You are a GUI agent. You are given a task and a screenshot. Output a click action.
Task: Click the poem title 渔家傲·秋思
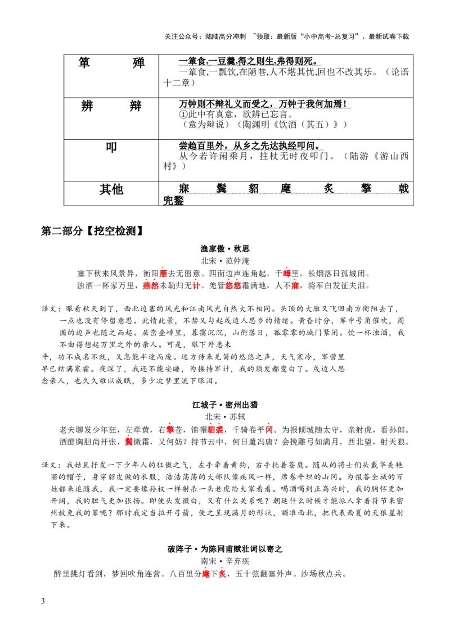(x=225, y=248)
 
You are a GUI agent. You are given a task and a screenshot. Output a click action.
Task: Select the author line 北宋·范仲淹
(x=225, y=261)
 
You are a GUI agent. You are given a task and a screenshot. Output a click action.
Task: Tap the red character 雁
(x=164, y=274)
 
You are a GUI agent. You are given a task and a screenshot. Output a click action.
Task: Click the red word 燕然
(x=151, y=286)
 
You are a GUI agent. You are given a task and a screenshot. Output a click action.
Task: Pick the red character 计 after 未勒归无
(x=196, y=286)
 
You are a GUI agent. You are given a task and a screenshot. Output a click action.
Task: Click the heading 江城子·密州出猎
(x=225, y=405)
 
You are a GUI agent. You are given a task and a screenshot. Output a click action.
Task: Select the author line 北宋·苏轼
(x=225, y=417)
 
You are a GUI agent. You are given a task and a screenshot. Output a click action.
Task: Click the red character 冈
(x=269, y=429)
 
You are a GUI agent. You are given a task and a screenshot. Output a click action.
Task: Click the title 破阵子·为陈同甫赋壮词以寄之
(x=225, y=548)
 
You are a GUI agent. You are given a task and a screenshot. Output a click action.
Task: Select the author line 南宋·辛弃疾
(x=225, y=561)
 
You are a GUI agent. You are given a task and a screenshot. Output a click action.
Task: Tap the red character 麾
(x=206, y=574)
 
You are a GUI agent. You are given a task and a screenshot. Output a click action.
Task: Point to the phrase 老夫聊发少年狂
(x=88, y=429)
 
